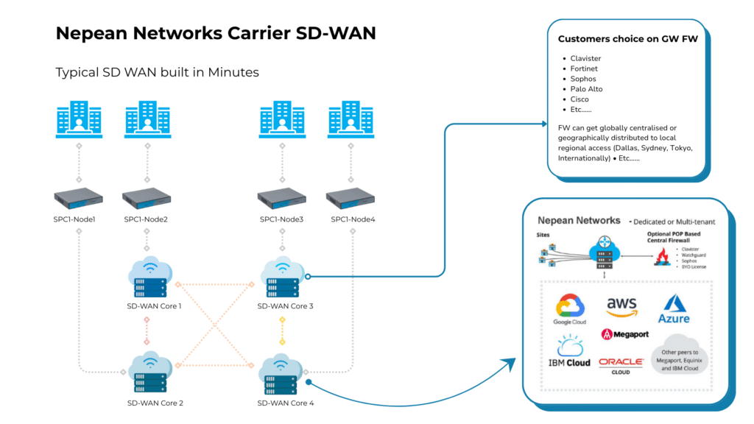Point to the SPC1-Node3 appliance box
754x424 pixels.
pyautogui.click(x=281, y=198)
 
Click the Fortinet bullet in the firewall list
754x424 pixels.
pyautogui.click(x=584, y=68)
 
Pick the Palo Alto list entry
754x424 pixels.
pyautogui.click(x=586, y=89)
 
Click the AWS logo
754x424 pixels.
pyautogui.click(x=621, y=308)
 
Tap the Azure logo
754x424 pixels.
pyautogui.click(x=674, y=308)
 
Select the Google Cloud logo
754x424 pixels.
pyautogui.click(x=570, y=309)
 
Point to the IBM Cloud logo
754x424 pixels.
pyautogui.click(x=568, y=351)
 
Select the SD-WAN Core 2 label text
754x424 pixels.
pyautogui.click(x=155, y=403)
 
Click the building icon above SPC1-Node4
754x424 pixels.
pyautogui.click(x=350, y=120)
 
